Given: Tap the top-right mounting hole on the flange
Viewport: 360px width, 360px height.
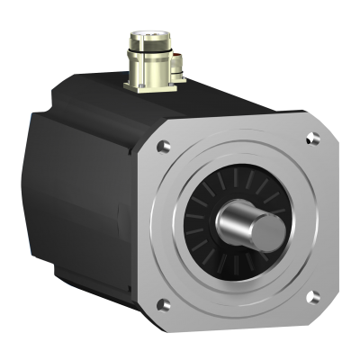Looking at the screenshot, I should coord(312,138).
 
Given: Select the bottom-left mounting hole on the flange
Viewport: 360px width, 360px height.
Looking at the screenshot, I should coord(163,301).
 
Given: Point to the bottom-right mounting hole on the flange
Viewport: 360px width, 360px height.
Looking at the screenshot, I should coord(311,295).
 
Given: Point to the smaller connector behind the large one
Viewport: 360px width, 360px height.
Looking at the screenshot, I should coord(176,62).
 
